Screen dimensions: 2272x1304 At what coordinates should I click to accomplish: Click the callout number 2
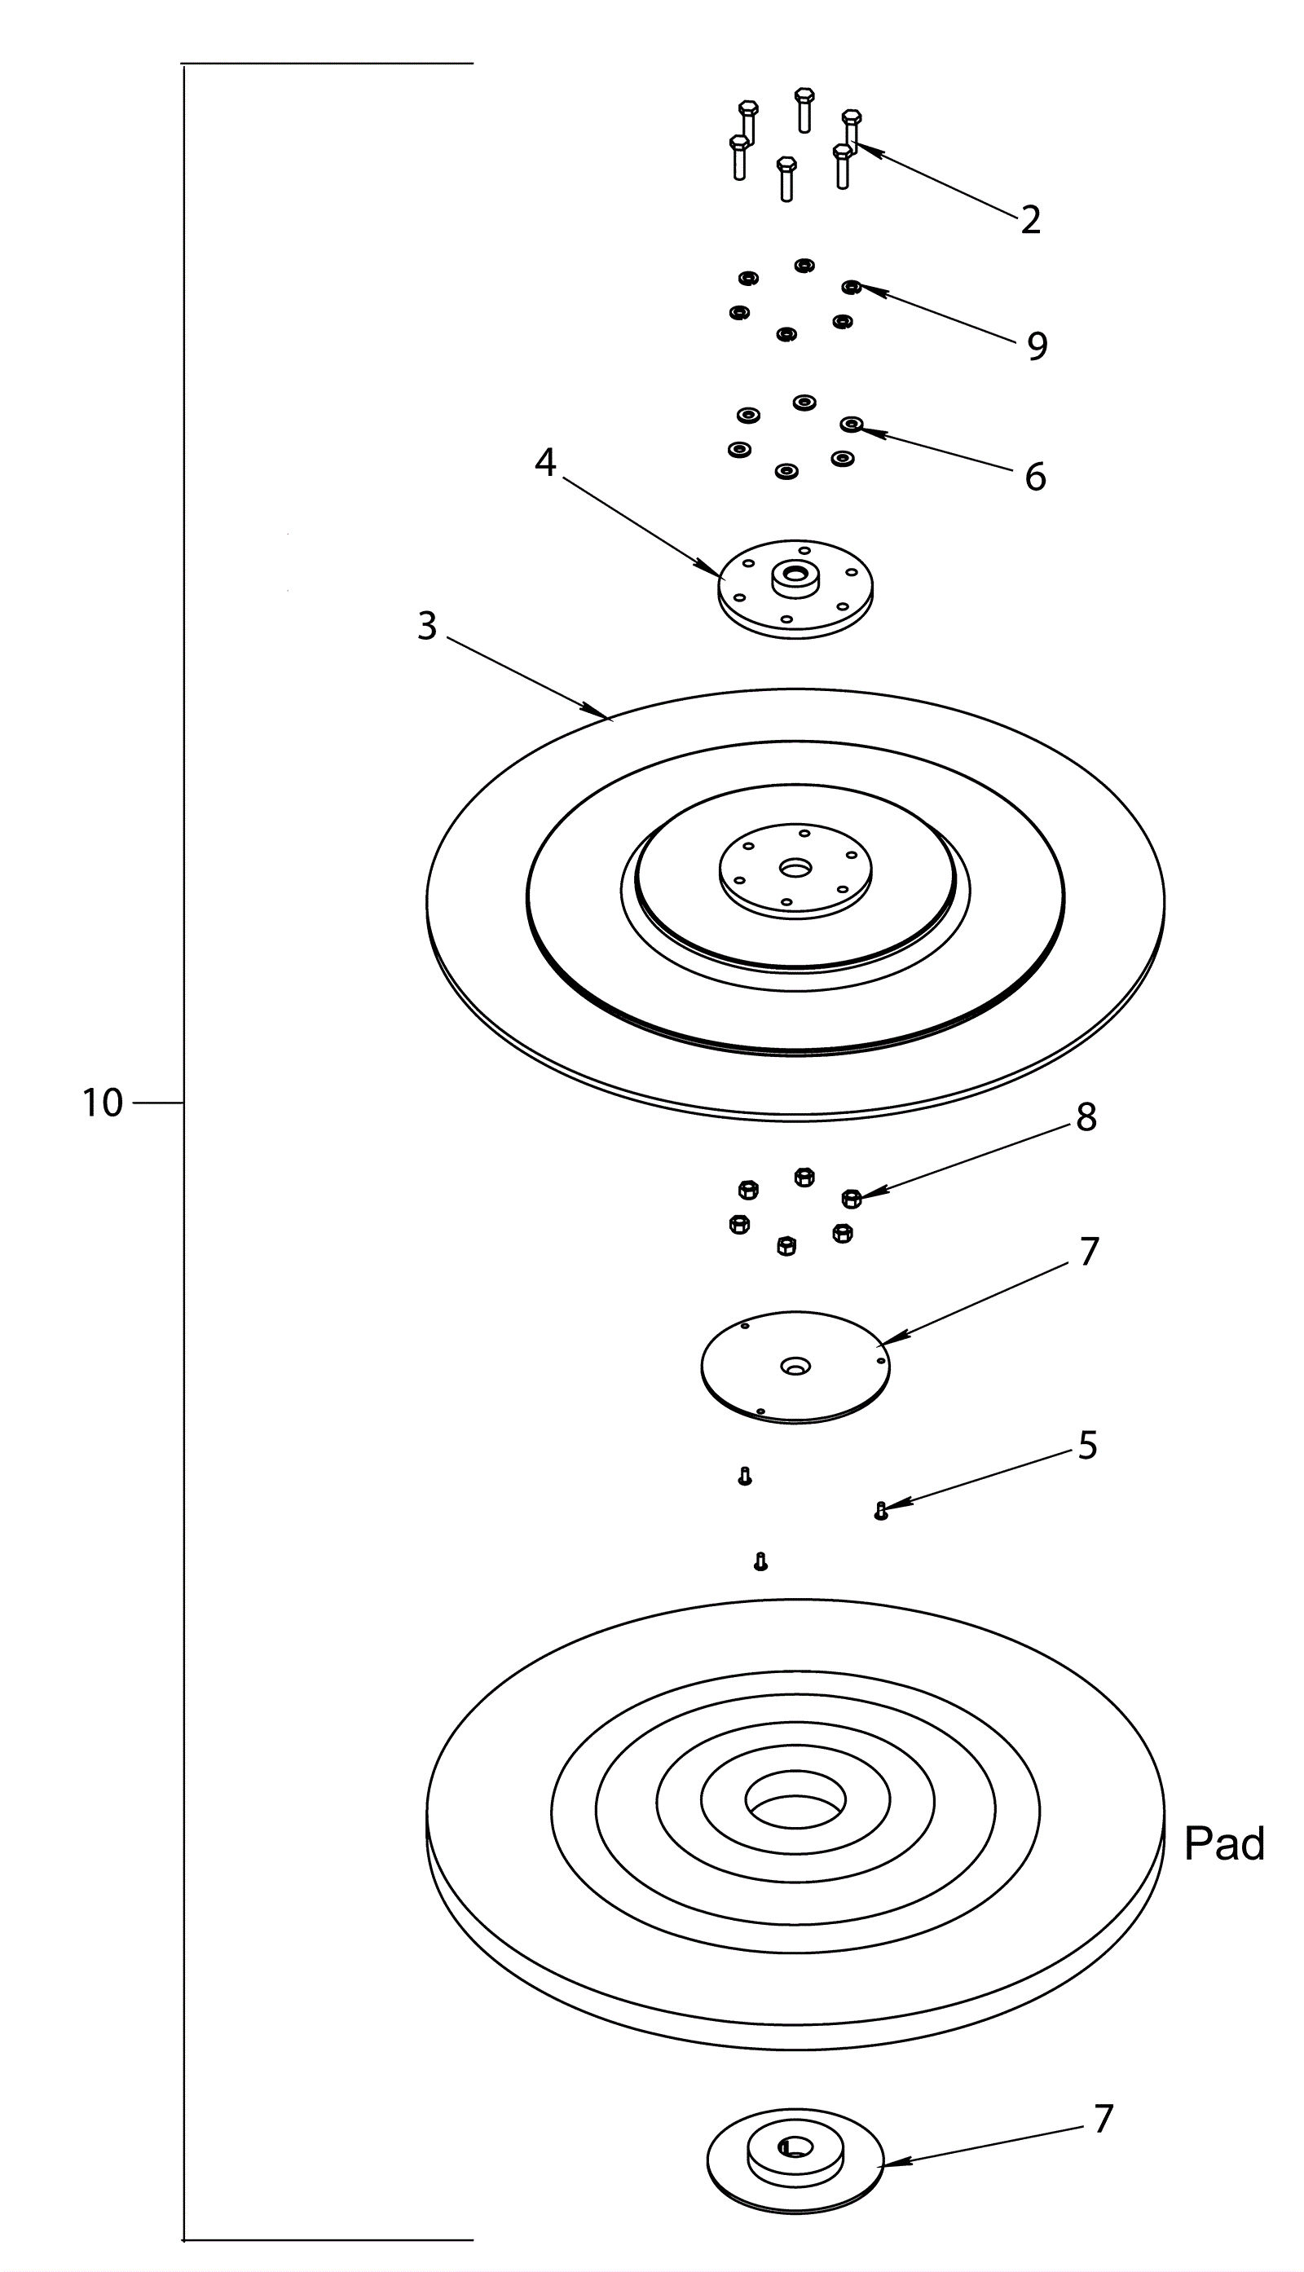[1030, 220]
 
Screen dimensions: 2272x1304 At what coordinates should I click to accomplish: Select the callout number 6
[1034, 478]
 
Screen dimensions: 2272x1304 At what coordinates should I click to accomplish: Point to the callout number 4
[544, 462]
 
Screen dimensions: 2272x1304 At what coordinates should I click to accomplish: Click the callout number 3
[427, 627]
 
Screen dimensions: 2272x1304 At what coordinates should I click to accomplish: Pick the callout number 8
[1086, 1116]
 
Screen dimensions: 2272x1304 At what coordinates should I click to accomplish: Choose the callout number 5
[1087, 1446]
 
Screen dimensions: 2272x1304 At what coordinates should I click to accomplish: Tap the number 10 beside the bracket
[102, 1103]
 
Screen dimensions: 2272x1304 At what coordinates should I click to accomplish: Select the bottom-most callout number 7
[1103, 2119]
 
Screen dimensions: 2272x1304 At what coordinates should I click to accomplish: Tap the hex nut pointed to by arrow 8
[852, 1197]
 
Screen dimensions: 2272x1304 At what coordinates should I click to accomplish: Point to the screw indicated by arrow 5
[880, 1511]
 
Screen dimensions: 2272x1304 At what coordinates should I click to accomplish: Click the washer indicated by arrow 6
[850, 424]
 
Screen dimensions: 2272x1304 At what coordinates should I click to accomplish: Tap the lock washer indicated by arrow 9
[851, 288]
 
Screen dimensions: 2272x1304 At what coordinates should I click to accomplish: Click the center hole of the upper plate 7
[795, 1366]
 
